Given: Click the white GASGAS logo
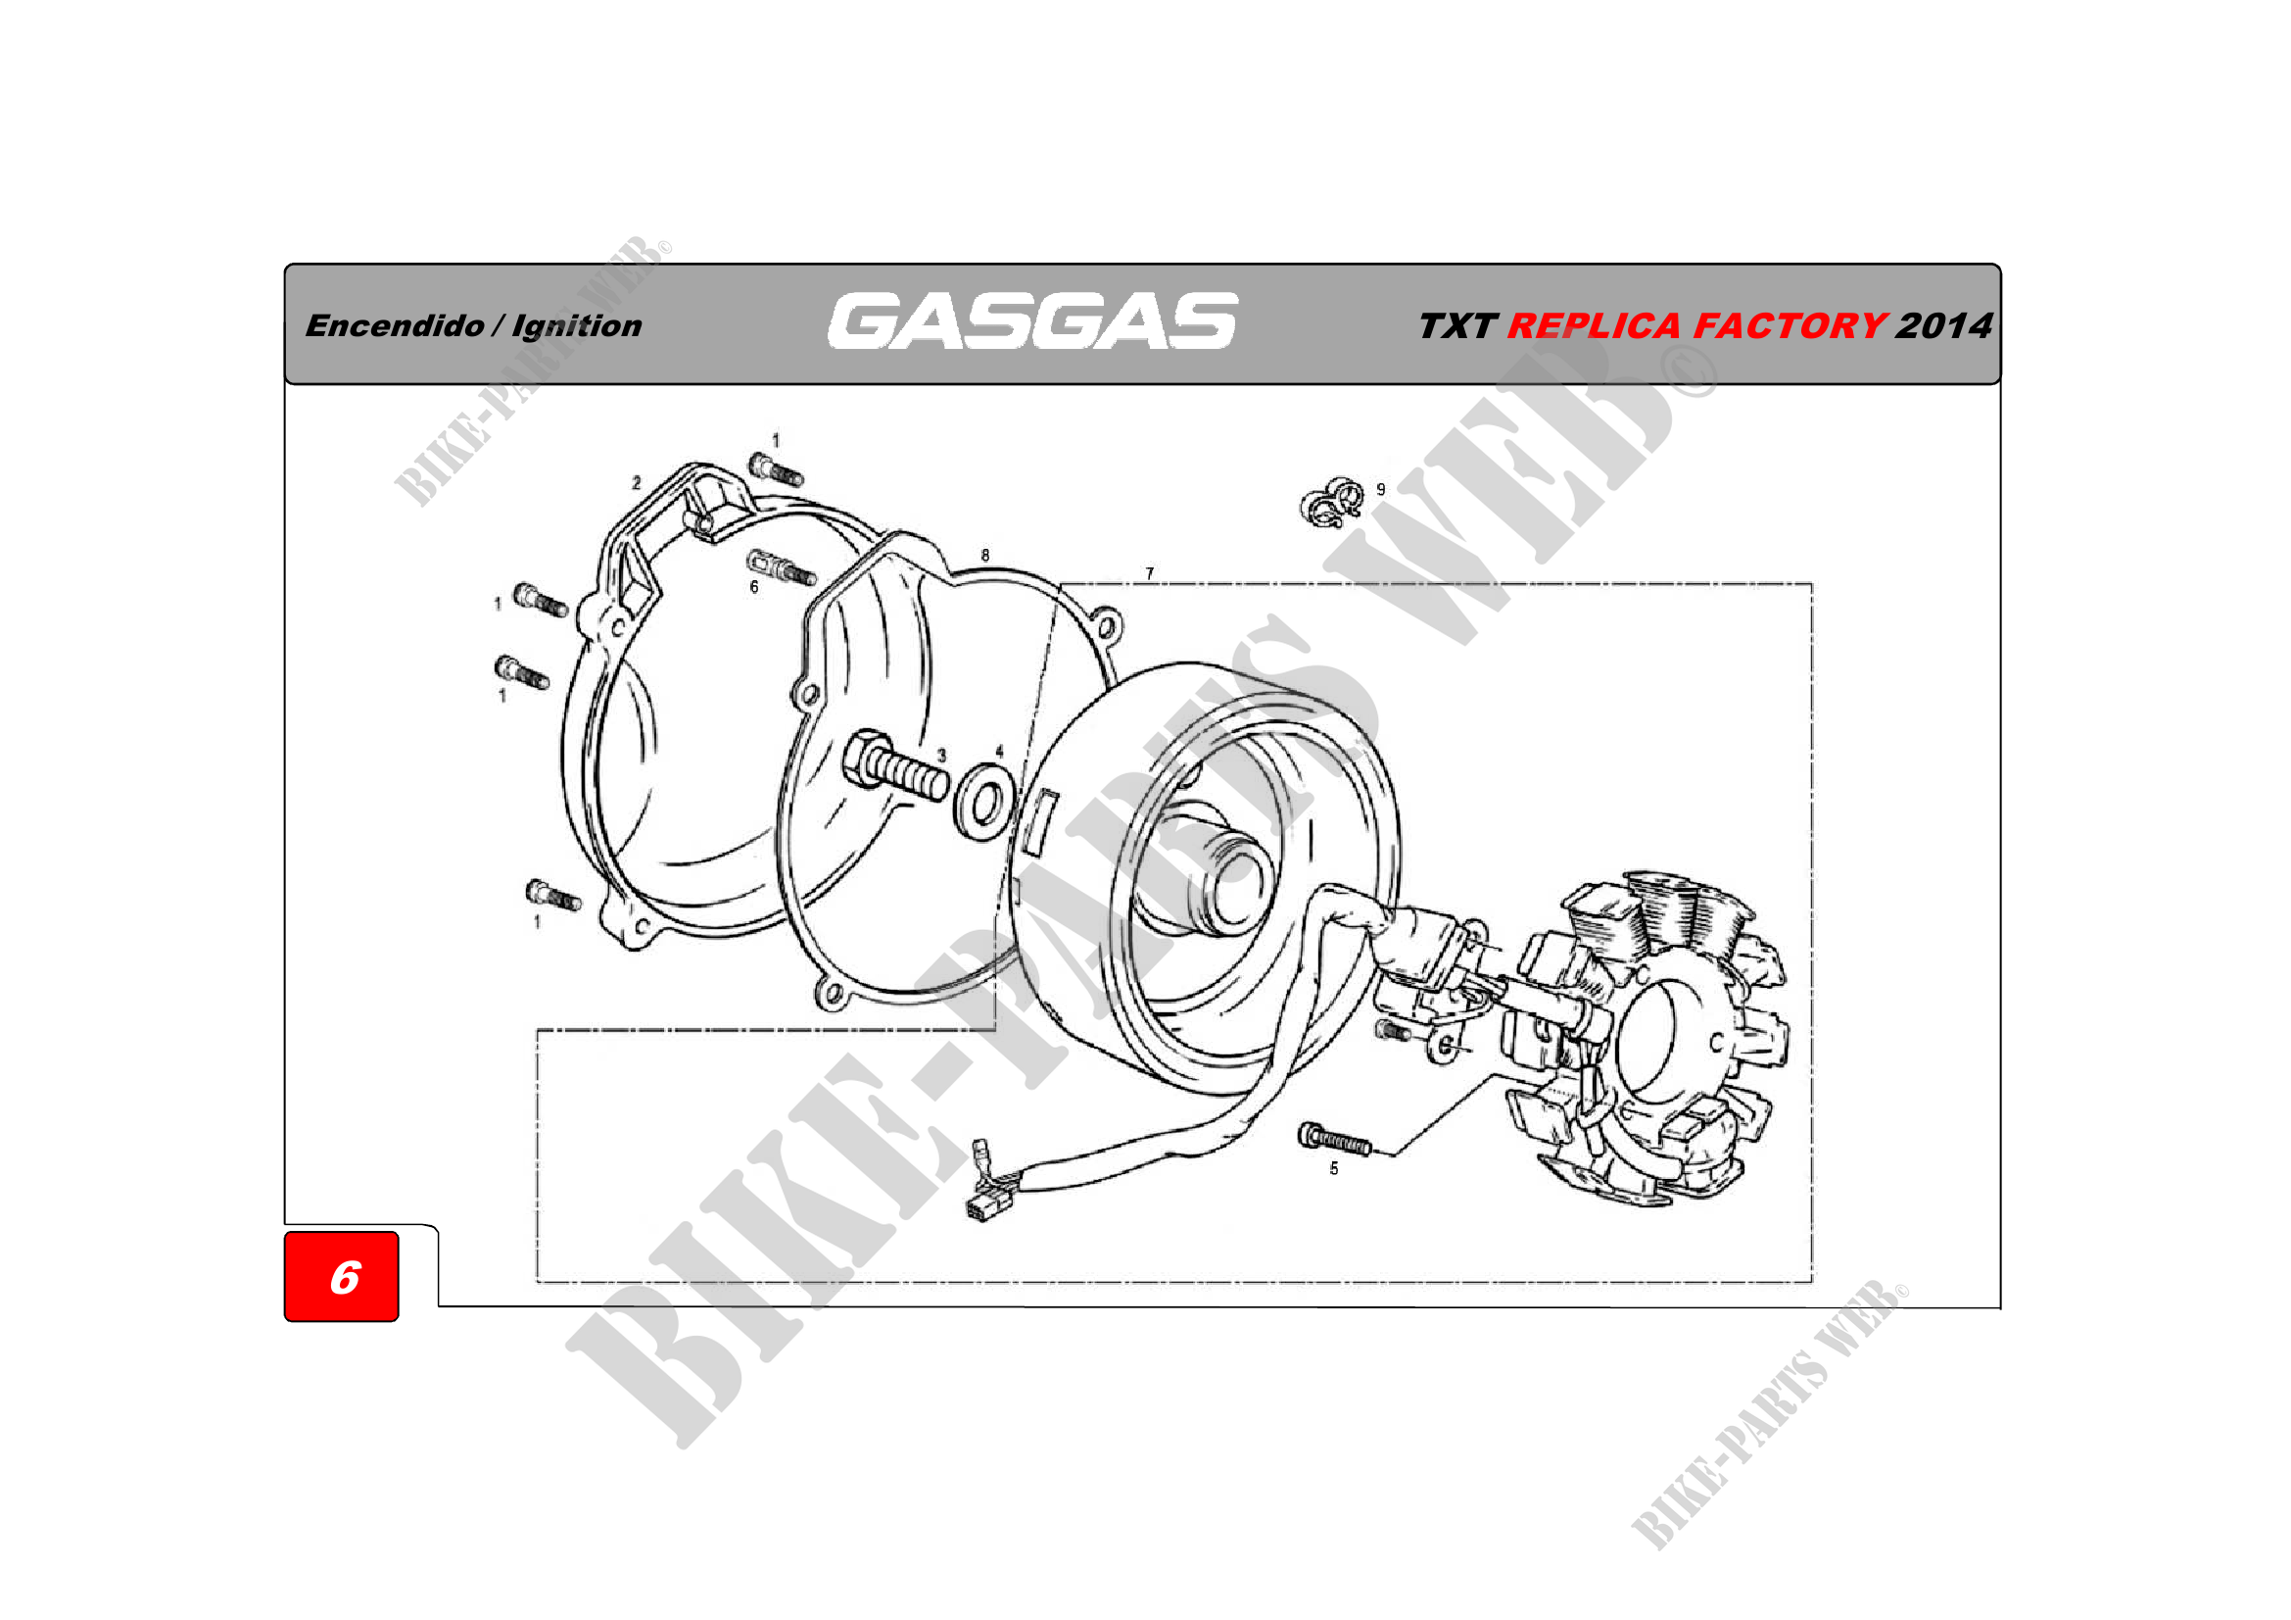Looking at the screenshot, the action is point(1032,320).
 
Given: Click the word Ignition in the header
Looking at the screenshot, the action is point(577,326).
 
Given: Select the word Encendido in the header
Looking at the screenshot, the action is point(395,325).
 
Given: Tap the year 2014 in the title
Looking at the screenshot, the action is point(1943,325).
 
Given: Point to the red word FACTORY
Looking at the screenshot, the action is point(1789,325).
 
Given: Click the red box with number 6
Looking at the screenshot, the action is point(341,1277).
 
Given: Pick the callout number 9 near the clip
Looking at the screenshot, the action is point(1381,489).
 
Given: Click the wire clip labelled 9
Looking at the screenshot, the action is point(1332,502).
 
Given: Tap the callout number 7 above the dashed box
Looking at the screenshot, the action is point(1150,574).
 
